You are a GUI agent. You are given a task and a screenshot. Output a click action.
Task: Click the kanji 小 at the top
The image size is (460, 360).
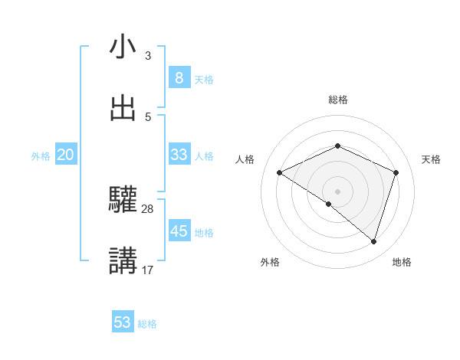(x=123, y=47)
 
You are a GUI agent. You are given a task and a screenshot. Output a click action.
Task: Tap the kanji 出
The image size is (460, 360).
(x=123, y=109)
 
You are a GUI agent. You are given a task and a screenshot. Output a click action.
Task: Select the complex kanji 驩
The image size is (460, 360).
(x=123, y=201)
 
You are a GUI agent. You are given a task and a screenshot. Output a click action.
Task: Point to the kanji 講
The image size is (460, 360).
(x=123, y=261)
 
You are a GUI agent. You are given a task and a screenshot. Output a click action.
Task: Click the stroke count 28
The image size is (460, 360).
(x=148, y=208)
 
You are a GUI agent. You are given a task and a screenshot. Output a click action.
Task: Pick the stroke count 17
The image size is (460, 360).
(x=148, y=270)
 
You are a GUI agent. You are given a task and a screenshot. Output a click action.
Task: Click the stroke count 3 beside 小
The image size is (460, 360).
(x=148, y=56)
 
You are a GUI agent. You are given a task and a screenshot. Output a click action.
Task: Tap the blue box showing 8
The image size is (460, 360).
(x=179, y=77)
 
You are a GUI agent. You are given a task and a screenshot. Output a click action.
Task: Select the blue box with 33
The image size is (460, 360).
(x=179, y=155)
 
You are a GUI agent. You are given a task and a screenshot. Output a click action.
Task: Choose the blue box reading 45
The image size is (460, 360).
(x=179, y=231)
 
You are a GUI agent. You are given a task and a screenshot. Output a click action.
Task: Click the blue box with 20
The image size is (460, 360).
(x=66, y=155)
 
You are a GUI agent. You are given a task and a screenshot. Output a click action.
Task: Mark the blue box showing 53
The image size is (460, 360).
(x=123, y=322)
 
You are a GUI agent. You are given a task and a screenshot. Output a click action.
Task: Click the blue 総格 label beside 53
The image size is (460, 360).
(x=148, y=324)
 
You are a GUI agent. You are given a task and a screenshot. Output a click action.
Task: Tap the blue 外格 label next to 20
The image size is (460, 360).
(x=41, y=156)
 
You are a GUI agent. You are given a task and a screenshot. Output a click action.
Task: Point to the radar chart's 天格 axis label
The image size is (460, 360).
(x=432, y=159)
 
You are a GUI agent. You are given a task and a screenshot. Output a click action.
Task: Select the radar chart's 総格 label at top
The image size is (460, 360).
(x=338, y=100)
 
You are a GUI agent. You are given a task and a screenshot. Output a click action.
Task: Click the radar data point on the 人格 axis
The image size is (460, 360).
(x=280, y=172)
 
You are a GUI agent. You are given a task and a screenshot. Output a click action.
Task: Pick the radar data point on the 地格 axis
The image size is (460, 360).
(x=373, y=241)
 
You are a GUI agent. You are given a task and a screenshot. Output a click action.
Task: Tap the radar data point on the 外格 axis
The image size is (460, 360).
(x=329, y=205)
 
